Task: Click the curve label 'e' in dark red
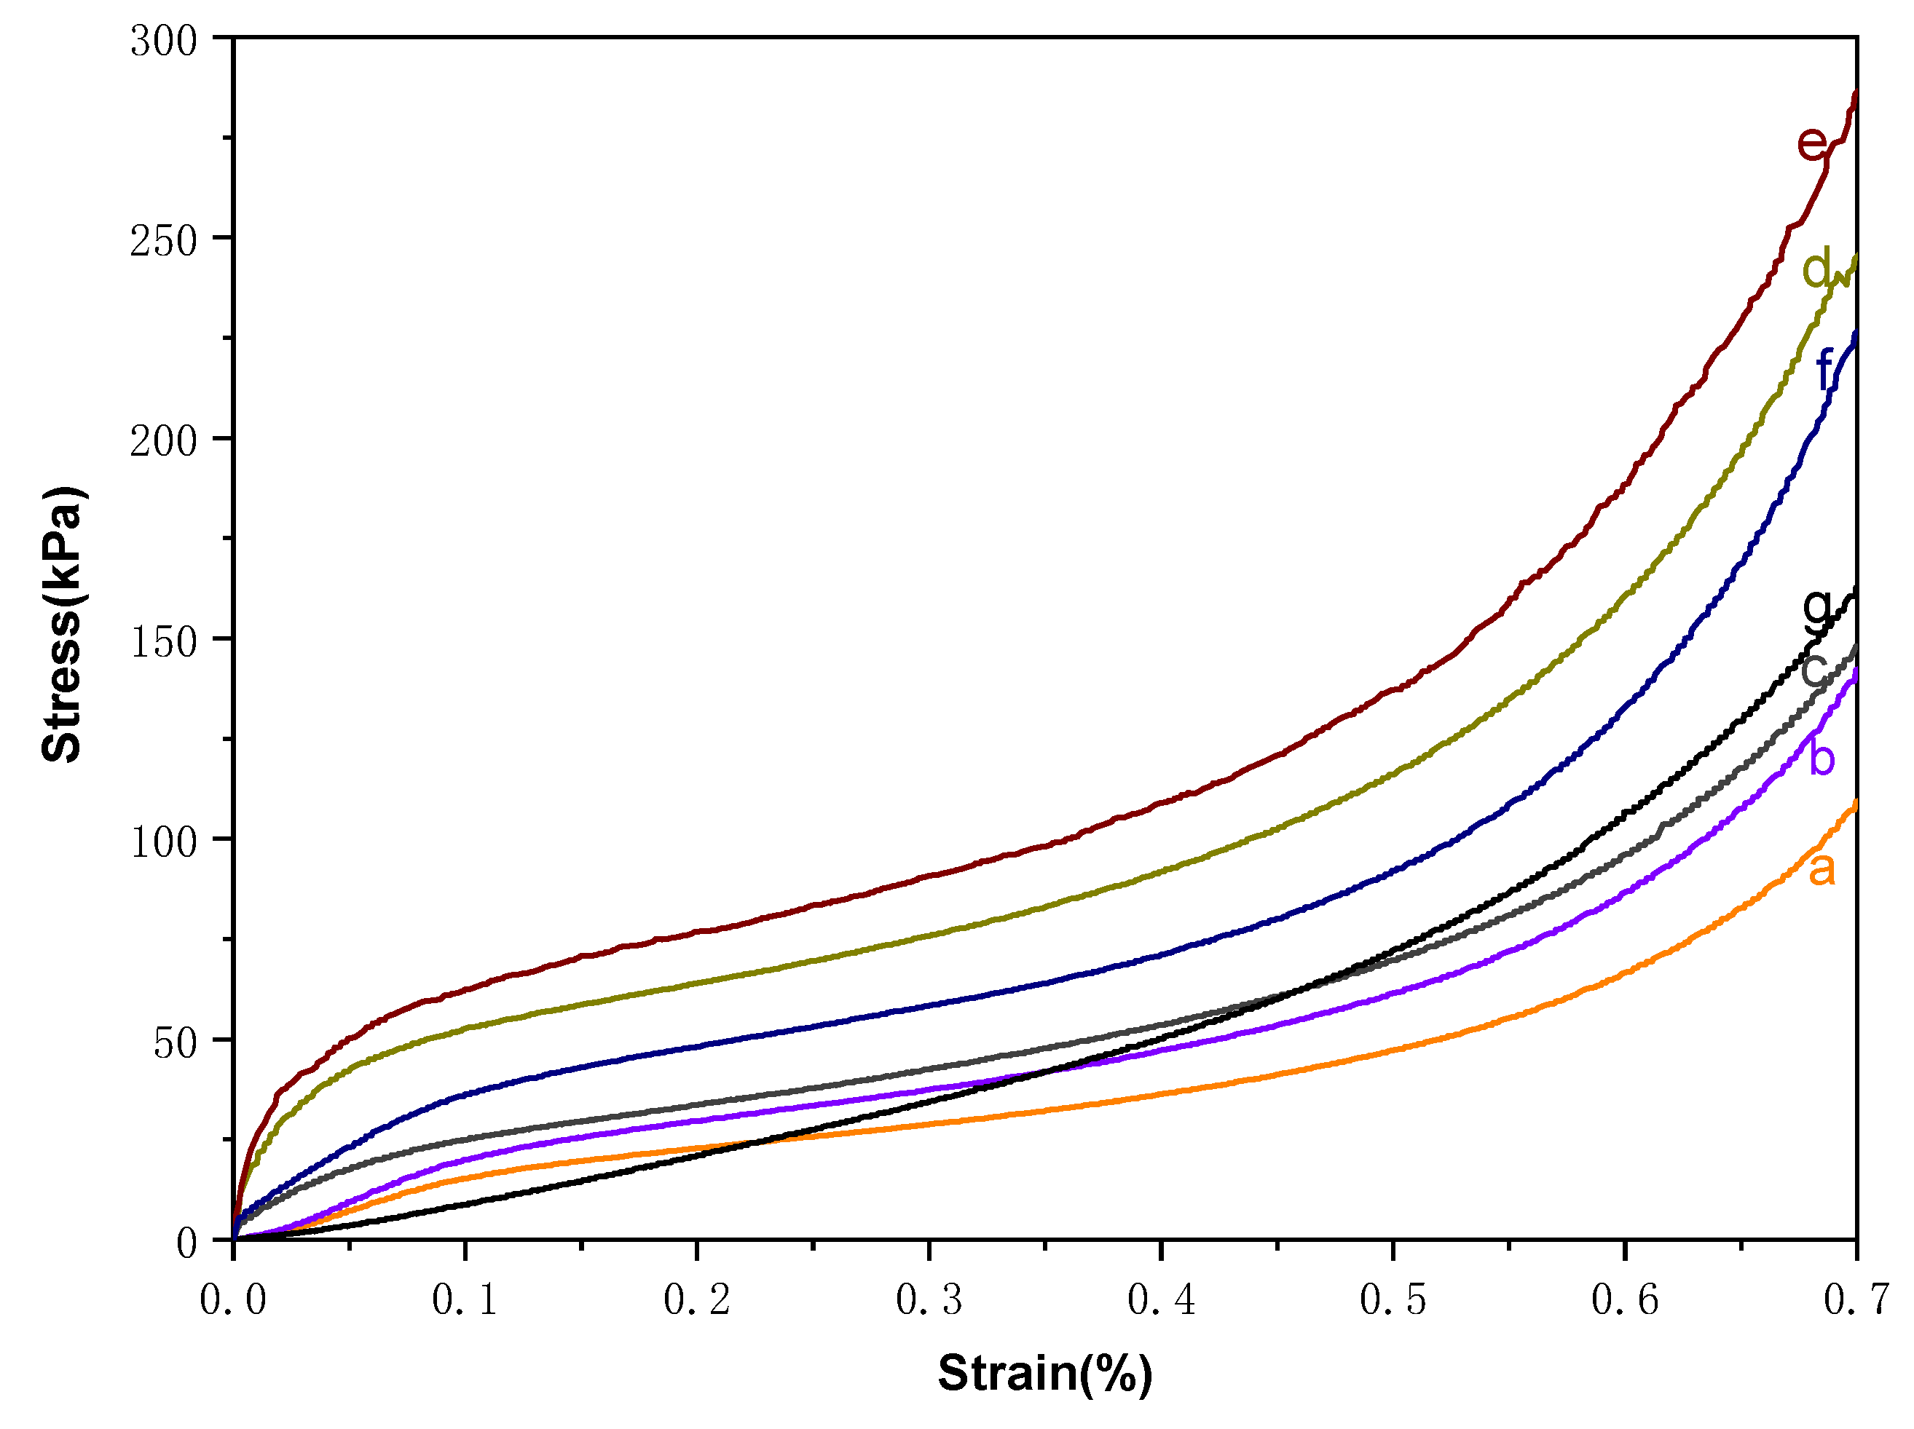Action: [1811, 143]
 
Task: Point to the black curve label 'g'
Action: [1817, 607]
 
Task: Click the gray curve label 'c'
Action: [1813, 670]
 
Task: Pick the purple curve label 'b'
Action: [1822, 759]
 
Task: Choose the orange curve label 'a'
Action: [1822, 869]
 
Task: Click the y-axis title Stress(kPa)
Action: [63, 624]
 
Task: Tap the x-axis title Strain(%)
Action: [1044, 1373]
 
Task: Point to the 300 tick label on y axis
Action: [164, 41]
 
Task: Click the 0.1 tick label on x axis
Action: [465, 1300]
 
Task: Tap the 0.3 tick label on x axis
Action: [929, 1300]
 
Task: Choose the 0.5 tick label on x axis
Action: [1393, 1300]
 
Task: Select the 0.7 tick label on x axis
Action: [1856, 1300]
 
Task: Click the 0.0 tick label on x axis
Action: [233, 1300]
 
